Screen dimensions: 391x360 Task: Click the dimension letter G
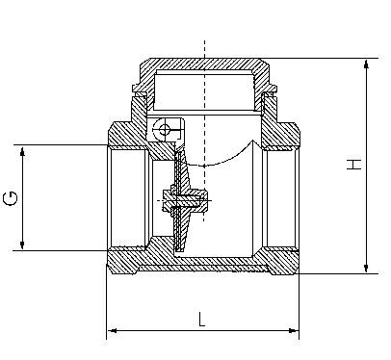pos(10,198)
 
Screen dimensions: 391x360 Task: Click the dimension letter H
pos(353,164)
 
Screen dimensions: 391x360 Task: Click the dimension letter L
pos(201,319)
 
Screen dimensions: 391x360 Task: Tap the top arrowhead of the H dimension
pos(366,64)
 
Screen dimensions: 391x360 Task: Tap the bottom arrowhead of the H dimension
pos(366,269)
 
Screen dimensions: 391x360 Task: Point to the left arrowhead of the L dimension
pos(112,331)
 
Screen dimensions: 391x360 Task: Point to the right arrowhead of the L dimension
pos(294,331)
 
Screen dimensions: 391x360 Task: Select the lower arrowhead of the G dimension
pos(22,244)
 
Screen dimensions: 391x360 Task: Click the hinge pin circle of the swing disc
pos(165,130)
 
